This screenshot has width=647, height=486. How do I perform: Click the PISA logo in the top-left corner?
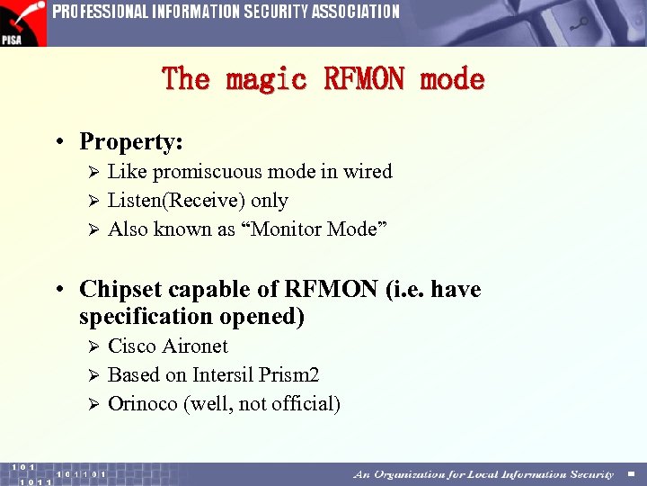pyautogui.click(x=22, y=22)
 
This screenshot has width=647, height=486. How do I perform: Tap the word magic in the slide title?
pyautogui.click(x=268, y=79)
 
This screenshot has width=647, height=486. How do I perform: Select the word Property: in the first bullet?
pyautogui.click(x=131, y=142)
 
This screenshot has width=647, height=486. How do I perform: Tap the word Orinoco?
pyautogui.click(x=143, y=404)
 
